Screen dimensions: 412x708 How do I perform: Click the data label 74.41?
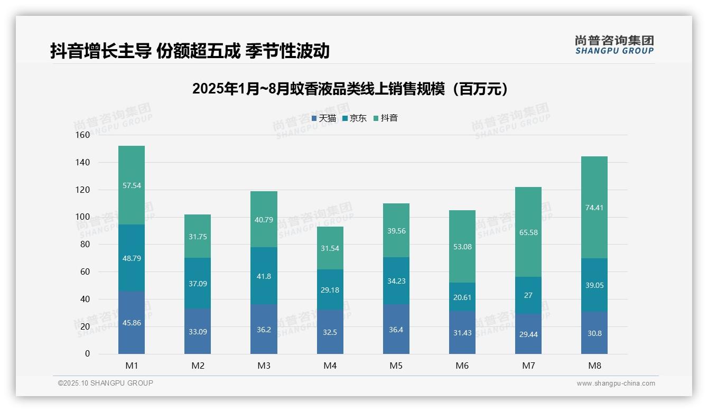pos(594,208)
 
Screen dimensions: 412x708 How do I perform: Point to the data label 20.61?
pos(462,297)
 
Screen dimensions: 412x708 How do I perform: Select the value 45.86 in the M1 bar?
pos(132,323)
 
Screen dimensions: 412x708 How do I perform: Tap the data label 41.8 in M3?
pos(264,276)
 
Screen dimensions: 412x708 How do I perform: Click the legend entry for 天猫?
pos(324,118)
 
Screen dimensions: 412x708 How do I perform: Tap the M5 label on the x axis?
pos(396,366)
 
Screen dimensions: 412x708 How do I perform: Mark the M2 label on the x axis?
pos(198,366)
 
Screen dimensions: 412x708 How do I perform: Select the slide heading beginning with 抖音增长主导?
pos(190,51)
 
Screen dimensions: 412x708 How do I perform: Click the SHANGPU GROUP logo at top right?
pos(614,45)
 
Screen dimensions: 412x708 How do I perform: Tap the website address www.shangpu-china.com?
pos(616,383)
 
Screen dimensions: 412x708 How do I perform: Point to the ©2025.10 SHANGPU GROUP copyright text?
pos(106,383)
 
